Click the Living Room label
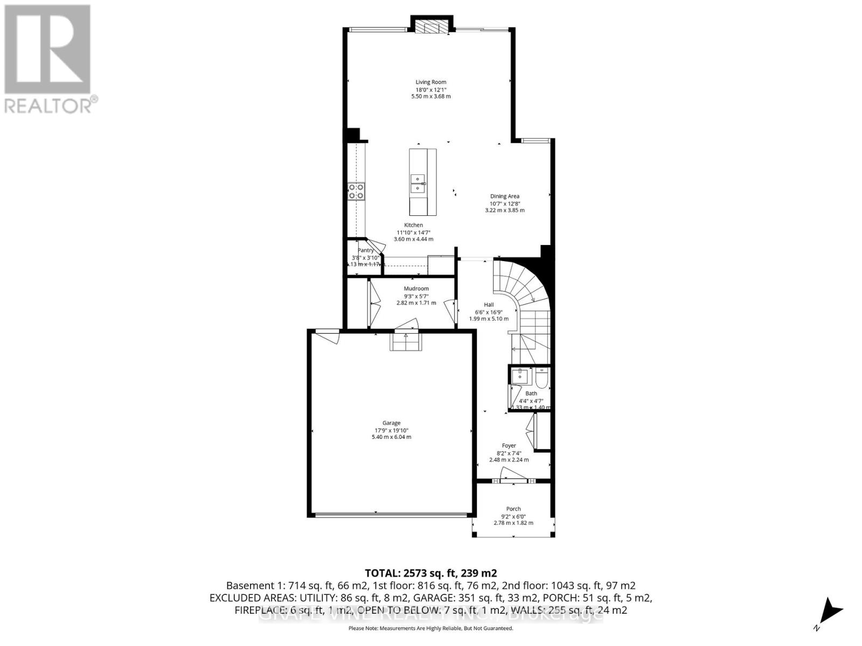pyautogui.click(x=430, y=82)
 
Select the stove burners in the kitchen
pyautogui.click(x=356, y=192)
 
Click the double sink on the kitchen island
pyautogui.click(x=418, y=183)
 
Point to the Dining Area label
pyautogui.click(x=504, y=196)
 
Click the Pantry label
pyautogui.click(x=366, y=250)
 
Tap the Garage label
pyautogui.click(x=391, y=423)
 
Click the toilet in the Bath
pyautogui.click(x=541, y=378)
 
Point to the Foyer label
pyautogui.click(x=509, y=446)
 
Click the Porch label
pyautogui.click(x=513, y=509)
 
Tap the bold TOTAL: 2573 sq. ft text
pyautogui.click(x=430, y=573)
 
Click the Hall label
pyautogui.click(x=488, y=305)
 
